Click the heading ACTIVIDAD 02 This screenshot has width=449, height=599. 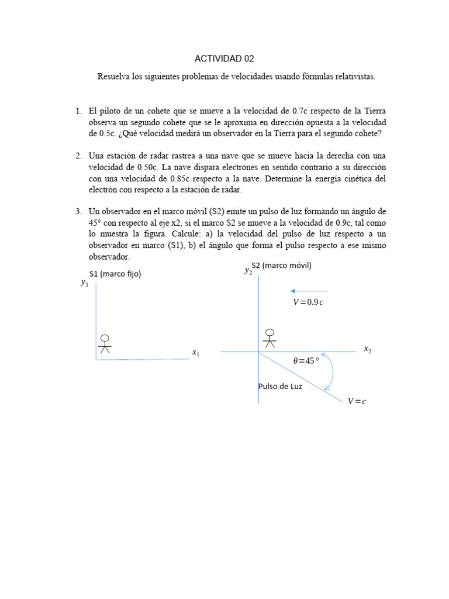pos(224,59)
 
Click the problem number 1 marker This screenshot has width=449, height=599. pos(78,111)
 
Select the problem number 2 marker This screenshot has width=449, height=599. pos(78,156)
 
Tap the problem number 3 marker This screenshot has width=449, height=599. pos(78,211)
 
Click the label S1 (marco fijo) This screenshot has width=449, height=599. pos(115,274)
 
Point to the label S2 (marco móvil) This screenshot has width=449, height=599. pos(281,266)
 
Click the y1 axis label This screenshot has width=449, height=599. pos(84,284)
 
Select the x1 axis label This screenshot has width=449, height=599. pos(195,353)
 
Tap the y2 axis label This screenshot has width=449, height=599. pos(248,270)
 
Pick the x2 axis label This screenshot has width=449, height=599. pos(367,349)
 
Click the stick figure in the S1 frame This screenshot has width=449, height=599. pos(105,343)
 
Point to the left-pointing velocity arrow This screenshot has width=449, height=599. pos(309,291)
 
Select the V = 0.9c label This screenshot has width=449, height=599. pos(308,302)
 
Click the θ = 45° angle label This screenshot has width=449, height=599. pos(306,361)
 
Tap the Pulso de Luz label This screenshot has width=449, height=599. pos(280,387)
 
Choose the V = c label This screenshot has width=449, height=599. pos(356,401)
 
